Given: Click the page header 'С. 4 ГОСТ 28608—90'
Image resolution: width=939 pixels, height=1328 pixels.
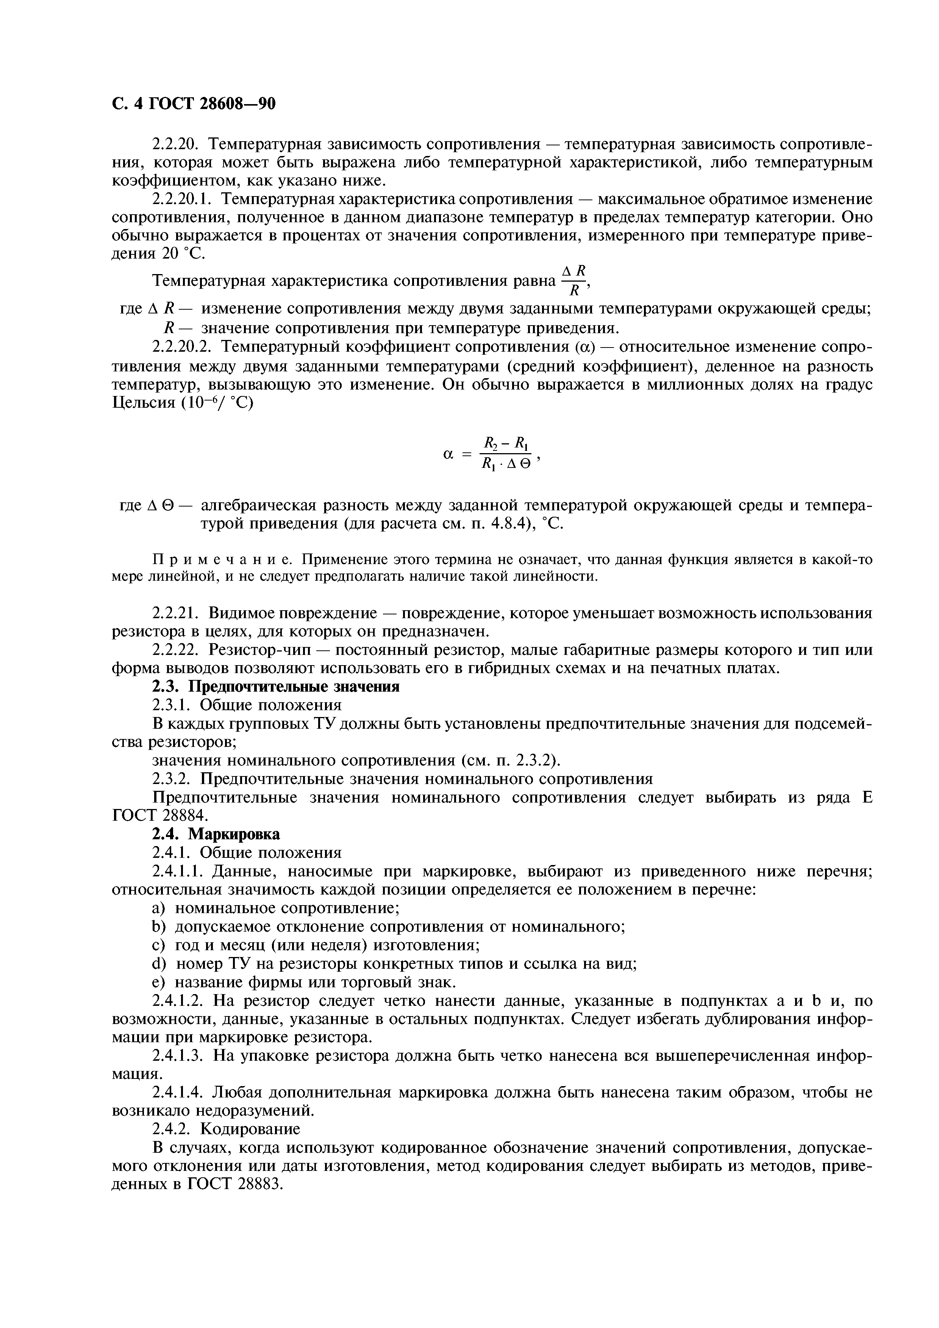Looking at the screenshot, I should pos(193,103).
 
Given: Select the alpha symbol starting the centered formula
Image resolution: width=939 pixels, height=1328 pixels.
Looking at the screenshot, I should pos(447,455).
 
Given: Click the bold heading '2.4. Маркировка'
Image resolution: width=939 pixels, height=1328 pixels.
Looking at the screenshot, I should pos(216,834).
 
